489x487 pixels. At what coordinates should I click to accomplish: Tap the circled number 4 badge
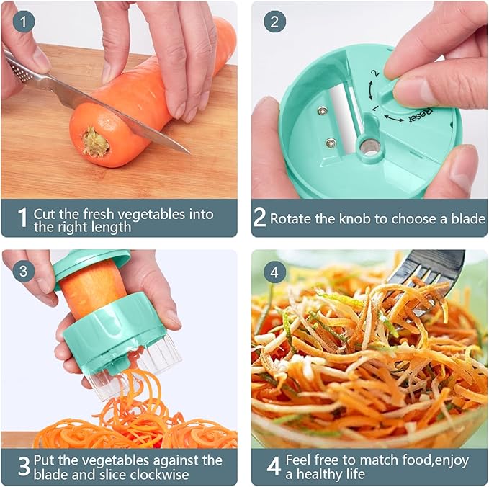point(274,272)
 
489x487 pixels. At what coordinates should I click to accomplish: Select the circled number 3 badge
point(24,272)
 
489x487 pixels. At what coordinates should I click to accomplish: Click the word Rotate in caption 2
point(292,218)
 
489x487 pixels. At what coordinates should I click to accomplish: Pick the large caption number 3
point(23,467)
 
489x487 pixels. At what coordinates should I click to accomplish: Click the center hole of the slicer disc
point(369,147)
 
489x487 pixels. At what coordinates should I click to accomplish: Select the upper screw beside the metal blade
point(322,110)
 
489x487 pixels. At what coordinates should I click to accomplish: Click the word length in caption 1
point(107,227)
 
